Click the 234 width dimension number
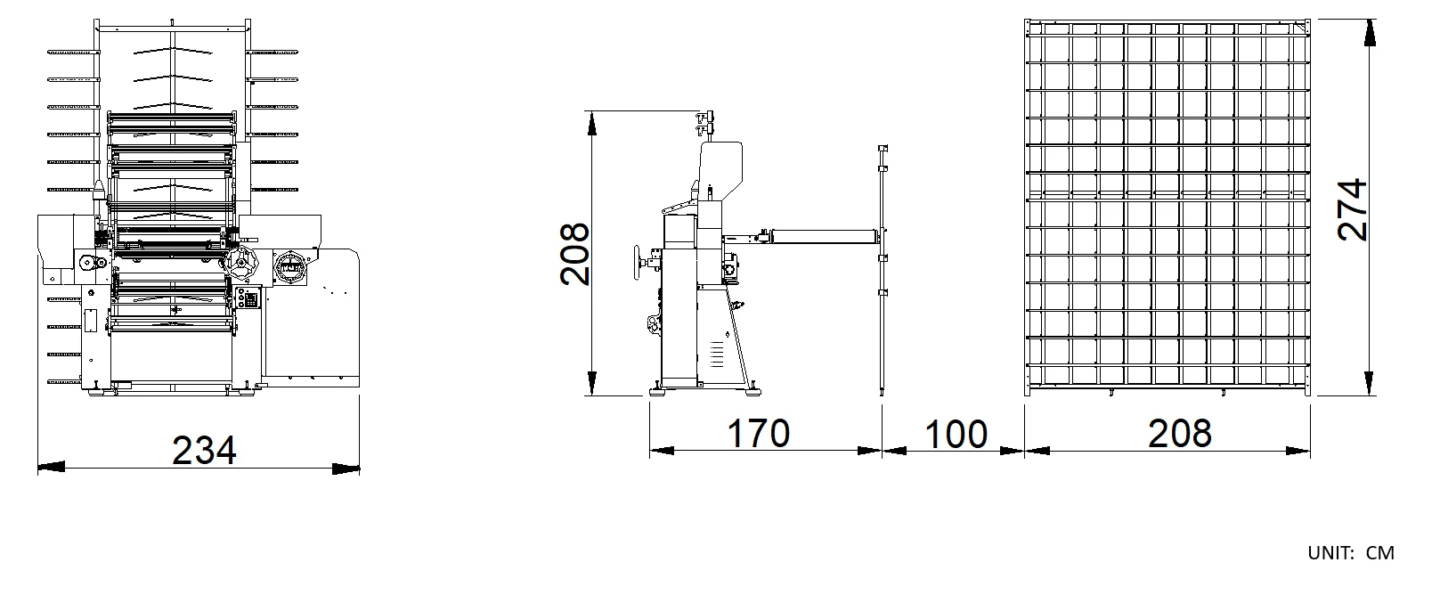click(x=204, y=450)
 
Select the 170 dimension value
click(x=758, y=433)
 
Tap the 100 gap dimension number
click(x=956, y=434)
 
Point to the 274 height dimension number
click(x=1352, y=209)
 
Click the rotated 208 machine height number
click(x=574, y=254)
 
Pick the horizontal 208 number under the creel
click(x=1180, y=433)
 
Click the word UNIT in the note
click(x=1330, y=552)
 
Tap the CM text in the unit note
click(x=1379, y=552)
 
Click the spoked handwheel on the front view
click(x=241, y=263)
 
